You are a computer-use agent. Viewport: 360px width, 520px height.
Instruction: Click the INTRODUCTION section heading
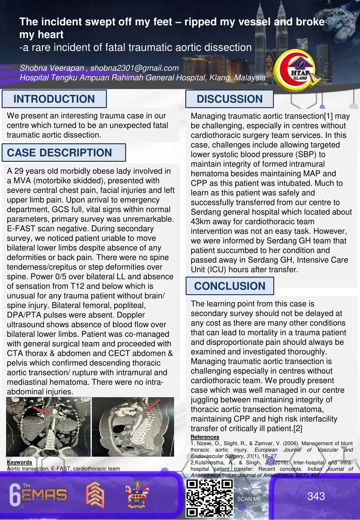(x=54, y=99)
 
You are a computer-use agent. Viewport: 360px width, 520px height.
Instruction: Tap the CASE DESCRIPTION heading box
(x=60, y=153)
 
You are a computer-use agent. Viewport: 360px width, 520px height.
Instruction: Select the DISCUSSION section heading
(x=229, y=99)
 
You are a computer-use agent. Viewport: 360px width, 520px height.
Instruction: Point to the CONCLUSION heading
(x=230, y=286)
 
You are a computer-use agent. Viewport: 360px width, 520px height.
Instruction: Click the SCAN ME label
(x=249, y=499)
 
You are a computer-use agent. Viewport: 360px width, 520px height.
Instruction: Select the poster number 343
(x=316, y=496)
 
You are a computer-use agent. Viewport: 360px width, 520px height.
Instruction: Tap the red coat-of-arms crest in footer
(x=137, y=494)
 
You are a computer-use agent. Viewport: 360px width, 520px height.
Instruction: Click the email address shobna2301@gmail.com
(x=134, y=68)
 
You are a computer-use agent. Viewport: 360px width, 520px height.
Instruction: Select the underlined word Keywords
(x=20, y=462)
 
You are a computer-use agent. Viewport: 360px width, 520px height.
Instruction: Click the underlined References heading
(x=205, y=437)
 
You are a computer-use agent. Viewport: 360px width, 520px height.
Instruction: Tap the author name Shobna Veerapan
(x=52, y=68)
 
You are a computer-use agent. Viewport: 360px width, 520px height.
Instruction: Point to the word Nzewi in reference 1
(x=204, y=443)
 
